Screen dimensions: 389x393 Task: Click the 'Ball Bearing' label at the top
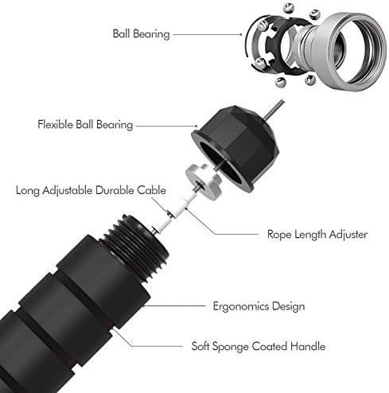pos(141,34)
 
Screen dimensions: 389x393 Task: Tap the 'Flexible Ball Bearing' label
pos(85,125)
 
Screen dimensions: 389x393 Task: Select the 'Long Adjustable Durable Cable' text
pos(91,190)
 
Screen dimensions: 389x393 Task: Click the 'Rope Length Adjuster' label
pos(317,235)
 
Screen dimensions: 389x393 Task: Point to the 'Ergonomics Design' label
pos(259,306)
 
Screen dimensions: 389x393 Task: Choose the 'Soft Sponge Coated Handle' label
pos(259,346)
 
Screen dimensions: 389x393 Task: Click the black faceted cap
pos(236,147)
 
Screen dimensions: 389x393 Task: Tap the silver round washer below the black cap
pos(204,182)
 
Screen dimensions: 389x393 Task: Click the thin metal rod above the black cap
pos(274,109)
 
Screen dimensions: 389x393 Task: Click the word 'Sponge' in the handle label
pos(231,347)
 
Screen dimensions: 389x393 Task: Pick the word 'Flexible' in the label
pos(55,124)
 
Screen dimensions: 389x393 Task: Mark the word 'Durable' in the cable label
pos(115,190)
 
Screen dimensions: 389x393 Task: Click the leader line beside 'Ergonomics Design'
pos(175,305)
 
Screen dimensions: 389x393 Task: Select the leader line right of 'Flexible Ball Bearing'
pos(166,126)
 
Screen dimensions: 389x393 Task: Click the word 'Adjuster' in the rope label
pos(348,235)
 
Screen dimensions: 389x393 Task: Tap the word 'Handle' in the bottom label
pos(308,346)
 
